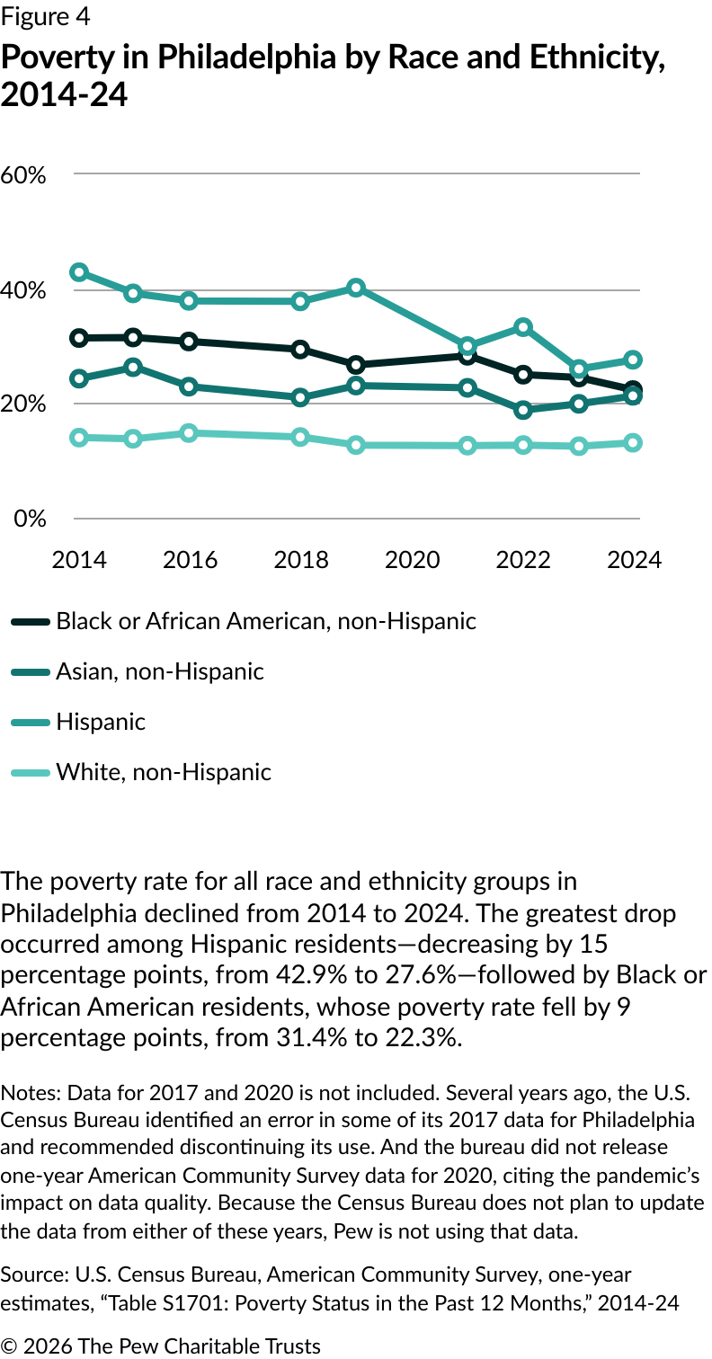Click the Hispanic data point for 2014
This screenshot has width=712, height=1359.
coord(79,271)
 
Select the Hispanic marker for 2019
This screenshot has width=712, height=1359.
coord(356,288)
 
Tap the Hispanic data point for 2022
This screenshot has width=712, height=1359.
coord(523,327)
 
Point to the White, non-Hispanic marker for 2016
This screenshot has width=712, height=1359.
coord(189,433)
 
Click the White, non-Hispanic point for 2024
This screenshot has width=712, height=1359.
coord(633,442)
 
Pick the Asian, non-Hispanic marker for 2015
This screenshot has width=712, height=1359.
coord(134,367)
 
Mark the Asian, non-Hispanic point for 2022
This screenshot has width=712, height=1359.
coord(523,410)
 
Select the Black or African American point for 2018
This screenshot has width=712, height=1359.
coord(301,349)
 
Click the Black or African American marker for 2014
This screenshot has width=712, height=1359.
coord(79,338)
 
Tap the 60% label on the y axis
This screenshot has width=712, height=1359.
coord(23,174)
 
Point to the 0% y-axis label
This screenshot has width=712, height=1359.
coord(29,519)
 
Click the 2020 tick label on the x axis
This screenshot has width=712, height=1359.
coord(412,559)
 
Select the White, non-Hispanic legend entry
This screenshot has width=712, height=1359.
coord(163,771)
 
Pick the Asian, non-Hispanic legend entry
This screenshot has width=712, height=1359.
coord(159,671)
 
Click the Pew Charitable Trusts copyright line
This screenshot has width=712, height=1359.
coord(161,1346)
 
